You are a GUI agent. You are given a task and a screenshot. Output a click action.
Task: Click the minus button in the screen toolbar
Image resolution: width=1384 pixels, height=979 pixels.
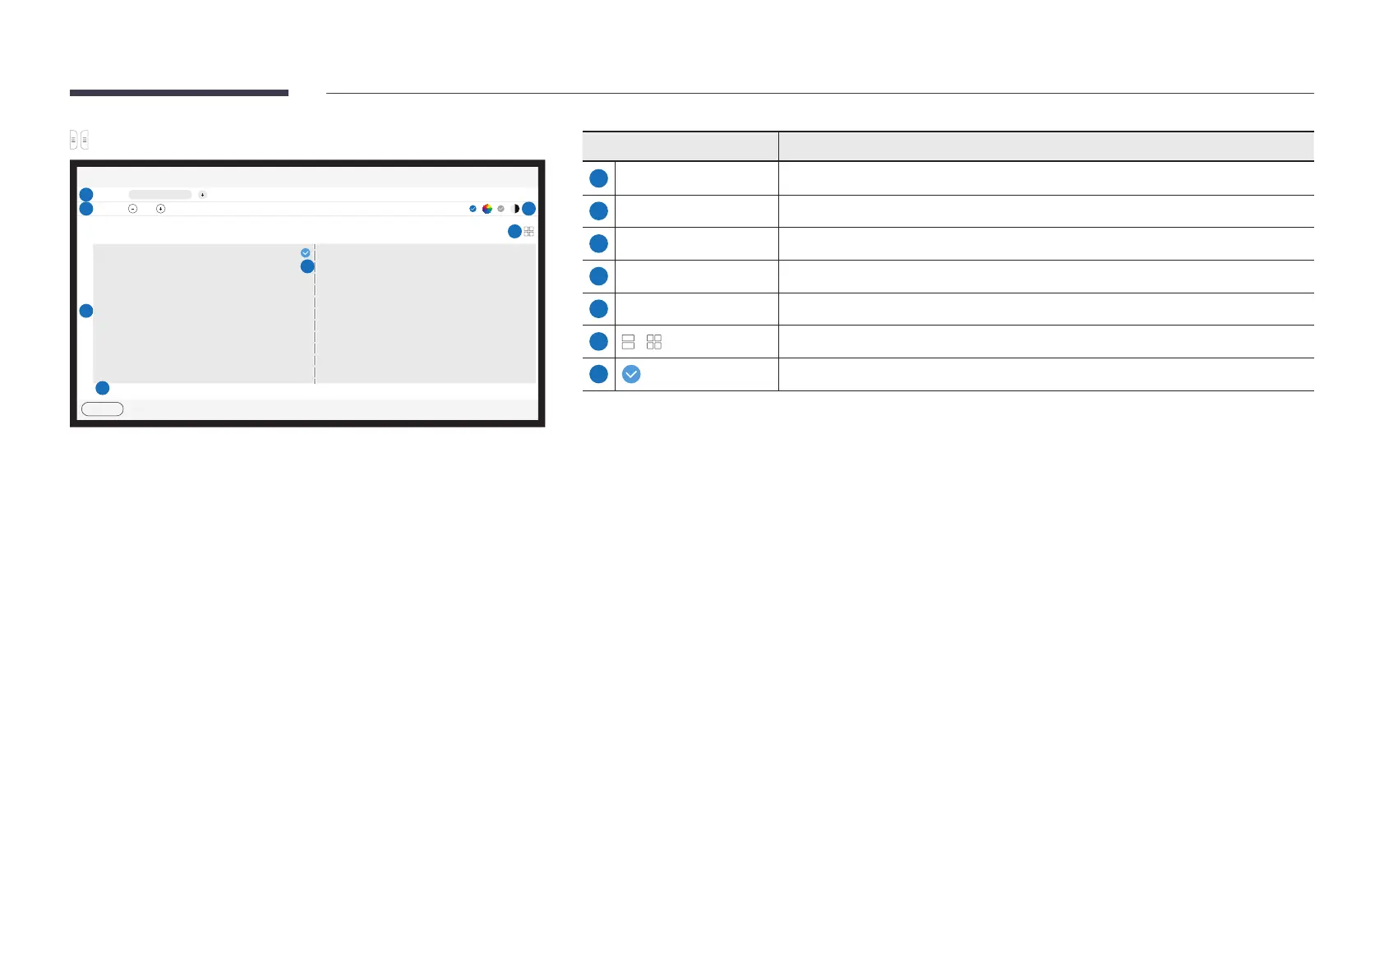click(132, 209)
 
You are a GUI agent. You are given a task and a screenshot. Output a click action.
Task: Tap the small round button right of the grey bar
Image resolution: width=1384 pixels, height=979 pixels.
click(203, 195)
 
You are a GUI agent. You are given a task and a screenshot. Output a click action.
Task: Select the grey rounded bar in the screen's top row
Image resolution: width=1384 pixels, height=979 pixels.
click(160, 195)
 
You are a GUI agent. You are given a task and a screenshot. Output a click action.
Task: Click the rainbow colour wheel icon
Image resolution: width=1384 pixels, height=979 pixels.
click(487, 209)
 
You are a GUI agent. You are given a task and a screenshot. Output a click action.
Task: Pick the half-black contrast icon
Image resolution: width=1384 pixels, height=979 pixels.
click(515, 209)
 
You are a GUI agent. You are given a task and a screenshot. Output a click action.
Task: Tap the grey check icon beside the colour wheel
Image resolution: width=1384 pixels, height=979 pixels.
click(501, 209)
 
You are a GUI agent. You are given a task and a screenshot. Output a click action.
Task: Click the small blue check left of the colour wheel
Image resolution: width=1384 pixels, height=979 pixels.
click(473, 209)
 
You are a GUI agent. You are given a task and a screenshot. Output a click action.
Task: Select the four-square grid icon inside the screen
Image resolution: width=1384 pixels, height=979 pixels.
click(529, 232)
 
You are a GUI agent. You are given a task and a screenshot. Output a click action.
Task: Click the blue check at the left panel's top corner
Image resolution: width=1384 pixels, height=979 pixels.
click(306, 253)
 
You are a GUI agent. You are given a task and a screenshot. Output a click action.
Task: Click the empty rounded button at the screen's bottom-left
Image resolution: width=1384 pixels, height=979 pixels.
click(102, 409)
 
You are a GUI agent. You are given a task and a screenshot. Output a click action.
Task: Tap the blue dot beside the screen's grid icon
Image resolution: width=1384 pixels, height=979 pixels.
click(514, 232)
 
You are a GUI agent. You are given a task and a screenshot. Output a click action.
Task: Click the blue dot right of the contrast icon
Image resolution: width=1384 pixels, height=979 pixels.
click(529, 209)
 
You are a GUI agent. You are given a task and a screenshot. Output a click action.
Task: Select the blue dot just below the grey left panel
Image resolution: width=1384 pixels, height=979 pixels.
click(103, 388)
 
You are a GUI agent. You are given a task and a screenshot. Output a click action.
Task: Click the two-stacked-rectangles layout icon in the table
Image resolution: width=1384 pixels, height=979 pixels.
click(629, 342)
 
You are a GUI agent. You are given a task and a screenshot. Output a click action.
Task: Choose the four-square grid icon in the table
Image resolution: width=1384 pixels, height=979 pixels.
click(654, 342)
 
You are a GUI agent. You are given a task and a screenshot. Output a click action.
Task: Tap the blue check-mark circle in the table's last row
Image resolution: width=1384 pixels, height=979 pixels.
click(631, 375)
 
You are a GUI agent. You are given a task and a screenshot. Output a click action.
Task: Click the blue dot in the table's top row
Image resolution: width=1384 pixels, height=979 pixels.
click(599, 178)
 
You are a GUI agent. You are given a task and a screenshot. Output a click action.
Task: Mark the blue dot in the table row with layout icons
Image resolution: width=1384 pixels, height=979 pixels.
click(599, 342)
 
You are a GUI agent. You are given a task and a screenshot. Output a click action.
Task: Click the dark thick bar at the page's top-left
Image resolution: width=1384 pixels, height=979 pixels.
click(179, 93)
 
